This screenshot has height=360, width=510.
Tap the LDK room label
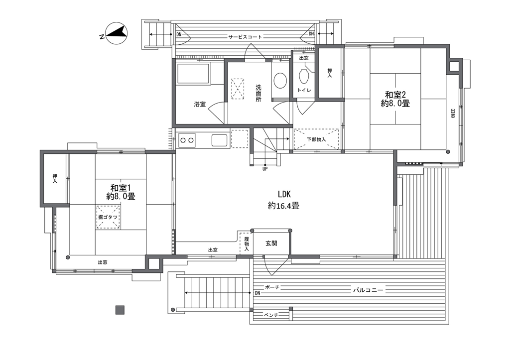tap(284, 194)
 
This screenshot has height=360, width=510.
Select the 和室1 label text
tap(121, 188)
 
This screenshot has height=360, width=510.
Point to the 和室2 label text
tap(395, 95)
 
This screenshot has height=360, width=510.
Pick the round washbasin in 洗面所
tap(280, 80)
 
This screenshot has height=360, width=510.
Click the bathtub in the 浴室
tap(193, 74)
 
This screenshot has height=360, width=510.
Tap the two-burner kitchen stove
tap(187, 140)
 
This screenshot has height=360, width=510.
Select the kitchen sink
tap(220, 140)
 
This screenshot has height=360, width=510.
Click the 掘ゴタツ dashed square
tap(108, 217)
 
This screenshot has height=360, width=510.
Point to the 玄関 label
tap(271, 243)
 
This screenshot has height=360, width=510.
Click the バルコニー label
tap(368, 290)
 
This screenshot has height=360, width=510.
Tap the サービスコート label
tap(245, 37)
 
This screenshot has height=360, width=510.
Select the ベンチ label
tap(271, 315)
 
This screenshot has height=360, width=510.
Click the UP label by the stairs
tap(265, 169)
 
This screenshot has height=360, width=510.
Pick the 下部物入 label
tap(316, 139)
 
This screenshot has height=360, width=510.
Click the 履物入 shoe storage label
tap(246, 243)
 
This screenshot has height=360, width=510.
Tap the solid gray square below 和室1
tap(120, 310)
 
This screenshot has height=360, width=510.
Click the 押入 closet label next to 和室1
tap(55, 179)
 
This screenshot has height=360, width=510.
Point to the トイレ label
tap(304, 91)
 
